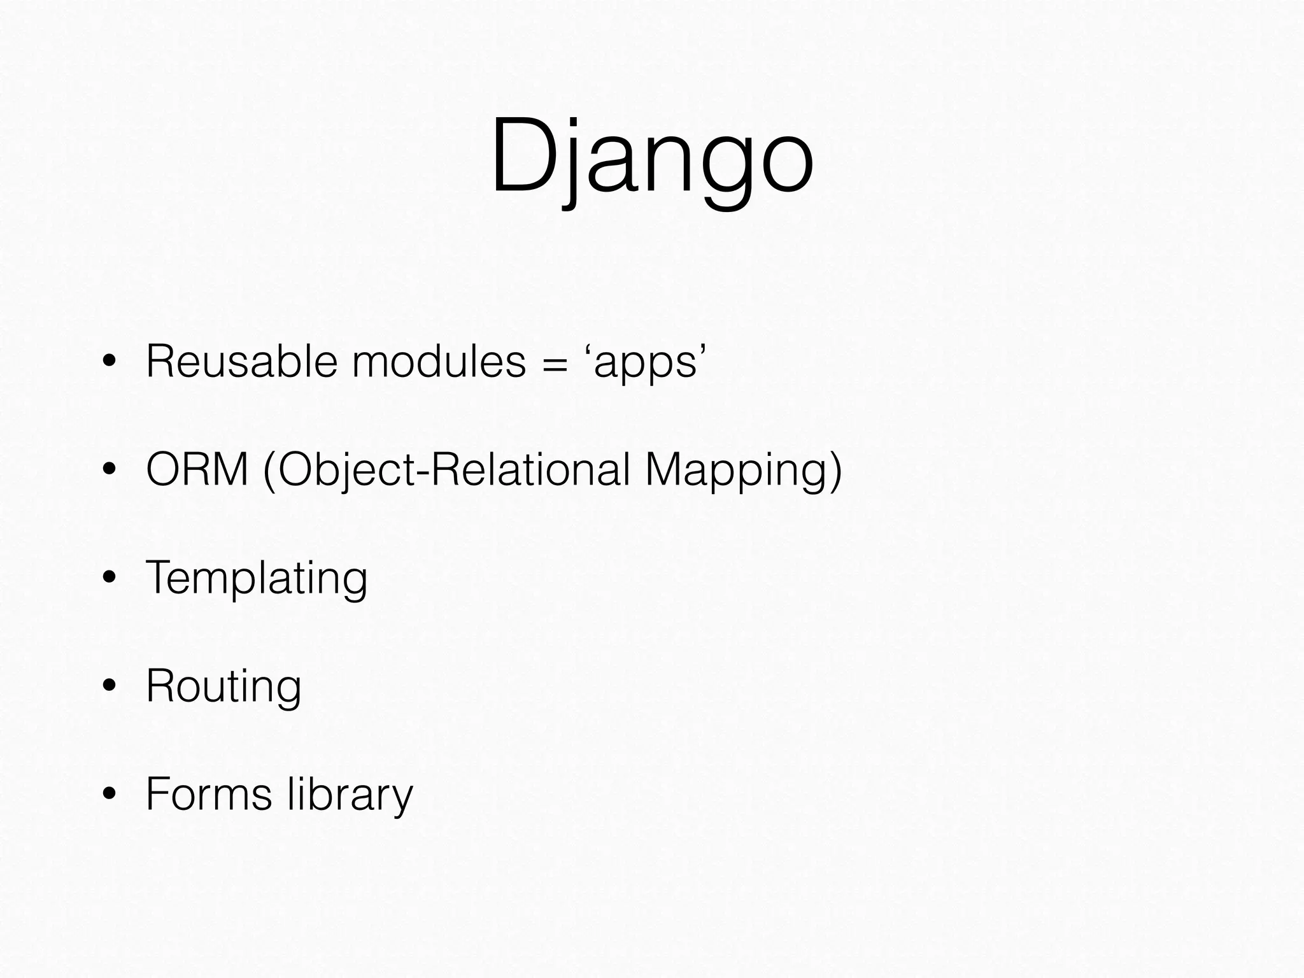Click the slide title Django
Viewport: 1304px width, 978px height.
(x=652, y=159)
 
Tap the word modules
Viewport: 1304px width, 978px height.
(x=439, y=362)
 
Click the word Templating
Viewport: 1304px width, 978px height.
(x=257, y=578)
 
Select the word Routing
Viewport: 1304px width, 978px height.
(x=223, y=686)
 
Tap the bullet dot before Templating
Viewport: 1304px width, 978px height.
(x=110, y=579)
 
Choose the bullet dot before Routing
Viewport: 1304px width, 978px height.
(x=110, y=686)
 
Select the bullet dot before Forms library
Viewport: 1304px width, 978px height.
(x=110, y=795)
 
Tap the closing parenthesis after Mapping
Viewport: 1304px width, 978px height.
(x=835, y=471)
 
